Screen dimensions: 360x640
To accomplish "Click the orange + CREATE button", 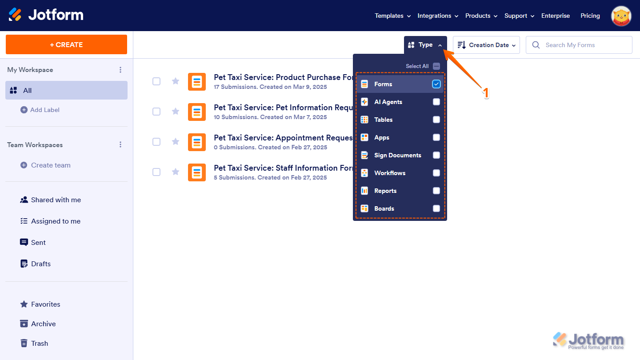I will (66, 44).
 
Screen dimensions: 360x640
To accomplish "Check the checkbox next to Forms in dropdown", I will (436, 84).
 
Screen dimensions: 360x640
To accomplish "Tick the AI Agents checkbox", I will (436, 102).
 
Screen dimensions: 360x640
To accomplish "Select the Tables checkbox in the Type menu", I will (436, 120).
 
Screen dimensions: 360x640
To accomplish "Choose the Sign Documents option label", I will (397, 155).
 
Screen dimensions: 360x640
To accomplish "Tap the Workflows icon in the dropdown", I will (364, 173).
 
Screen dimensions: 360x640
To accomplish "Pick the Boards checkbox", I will (436, 208).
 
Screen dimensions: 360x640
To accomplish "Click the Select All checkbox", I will (436, 66).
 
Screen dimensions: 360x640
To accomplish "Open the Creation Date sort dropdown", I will (486, 45).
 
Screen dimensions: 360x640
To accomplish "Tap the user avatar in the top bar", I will (621, 16).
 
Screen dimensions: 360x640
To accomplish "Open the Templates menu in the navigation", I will (392, 16).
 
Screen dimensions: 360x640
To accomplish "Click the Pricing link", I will (590, 16).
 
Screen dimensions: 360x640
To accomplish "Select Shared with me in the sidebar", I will (56, 200).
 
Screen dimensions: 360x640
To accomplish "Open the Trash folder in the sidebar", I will (39, 343).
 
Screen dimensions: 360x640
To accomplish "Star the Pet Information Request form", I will (176, 111).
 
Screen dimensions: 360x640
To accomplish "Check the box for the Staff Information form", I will (156, 172).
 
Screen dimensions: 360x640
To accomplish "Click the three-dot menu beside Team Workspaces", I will (120, 145).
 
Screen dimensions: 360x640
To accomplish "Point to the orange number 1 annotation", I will (486, 93).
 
